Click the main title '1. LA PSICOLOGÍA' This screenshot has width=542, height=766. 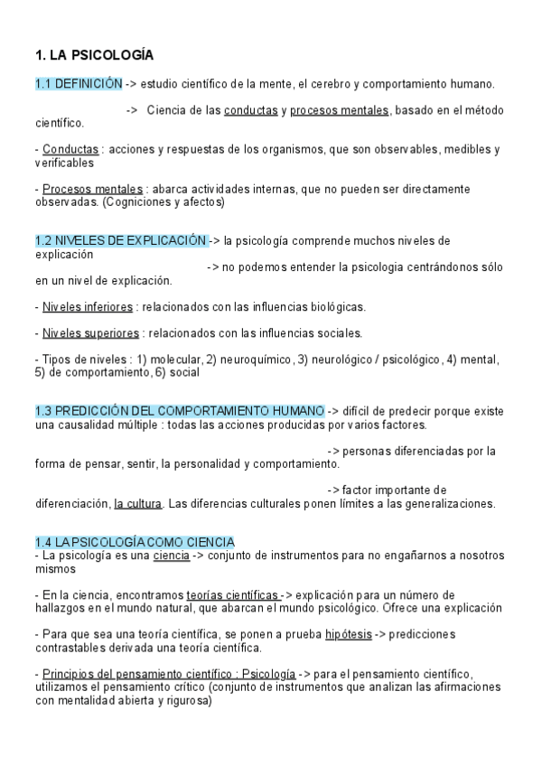pyautogui.click(x=94, y=55)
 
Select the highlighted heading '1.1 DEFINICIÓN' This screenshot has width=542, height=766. pyautogui.click(x=79, y=84)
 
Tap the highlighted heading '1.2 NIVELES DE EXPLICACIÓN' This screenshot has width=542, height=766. pyautogui.click(x=121, y=241)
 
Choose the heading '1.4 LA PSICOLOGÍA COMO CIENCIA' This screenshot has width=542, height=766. pyautogui.click(x=135, y=542)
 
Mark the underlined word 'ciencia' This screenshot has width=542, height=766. pyautogui.click(x=171, y=556)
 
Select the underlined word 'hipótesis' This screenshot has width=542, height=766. pyautogui.click(x=348, y=635)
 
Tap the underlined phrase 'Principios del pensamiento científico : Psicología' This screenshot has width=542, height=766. pyautogui.click(x=168, y=675)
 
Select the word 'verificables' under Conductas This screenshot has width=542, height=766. pyautogui.click(x=64, y=163)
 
